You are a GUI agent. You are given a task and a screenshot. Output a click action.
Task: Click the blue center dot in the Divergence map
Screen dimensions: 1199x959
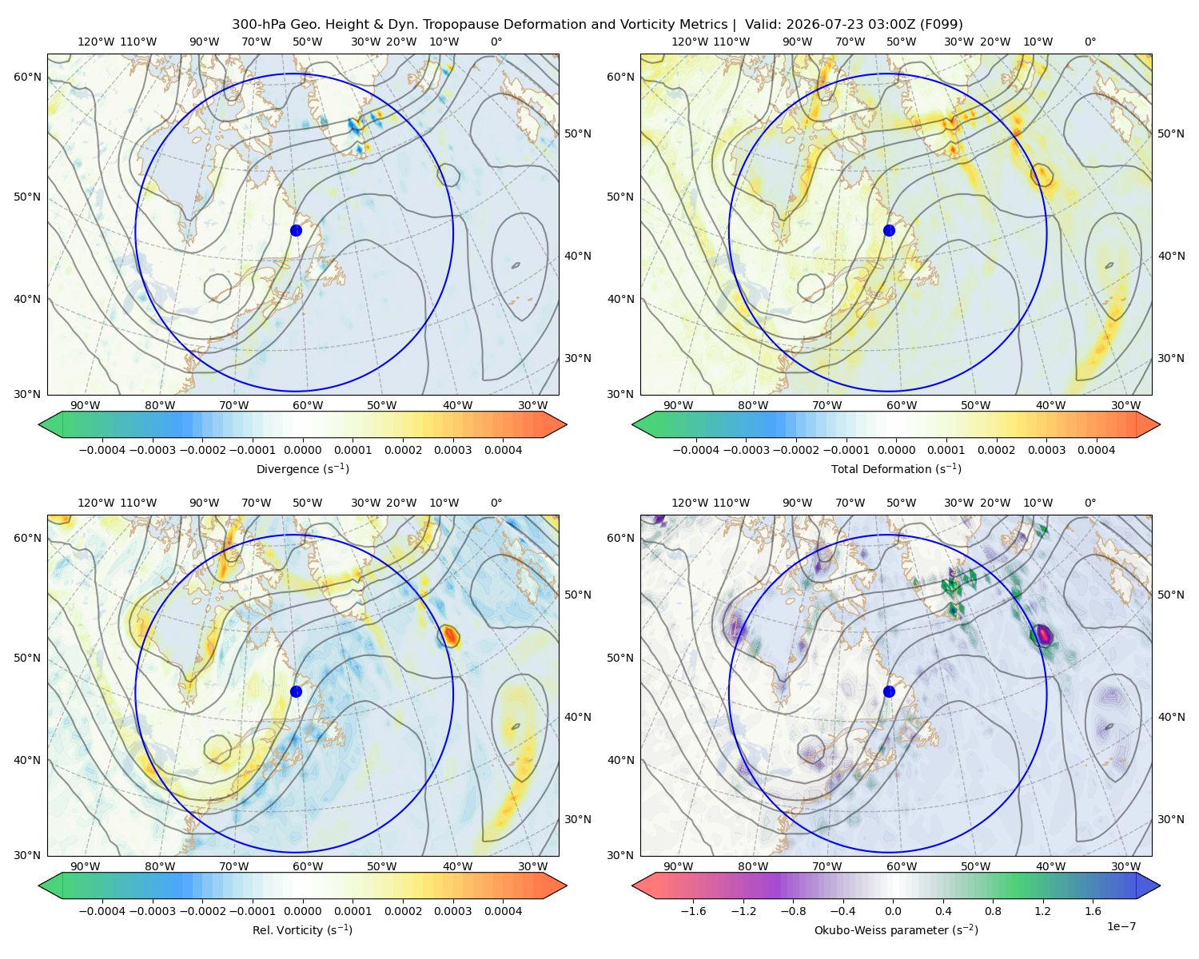[x=296, y=230]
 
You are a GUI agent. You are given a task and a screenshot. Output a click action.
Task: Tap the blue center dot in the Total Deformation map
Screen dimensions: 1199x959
[x=889, y=230]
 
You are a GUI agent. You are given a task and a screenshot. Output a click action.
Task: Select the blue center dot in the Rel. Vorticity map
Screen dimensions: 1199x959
[x=296, y=691]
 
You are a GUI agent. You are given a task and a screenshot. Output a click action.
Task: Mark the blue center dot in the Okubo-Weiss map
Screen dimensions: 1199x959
[x=889, y=691]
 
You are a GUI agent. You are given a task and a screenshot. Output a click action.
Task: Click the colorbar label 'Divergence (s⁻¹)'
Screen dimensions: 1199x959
[x=302, y=468]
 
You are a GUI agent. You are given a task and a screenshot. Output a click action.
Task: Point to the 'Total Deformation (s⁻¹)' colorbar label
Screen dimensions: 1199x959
[x=896, y=468]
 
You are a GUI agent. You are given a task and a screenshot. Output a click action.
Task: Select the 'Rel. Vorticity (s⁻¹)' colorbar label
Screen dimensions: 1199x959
[x=302, y=929]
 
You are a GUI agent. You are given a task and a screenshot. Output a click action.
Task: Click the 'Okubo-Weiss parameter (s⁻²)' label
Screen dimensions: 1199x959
[x=896, y=929]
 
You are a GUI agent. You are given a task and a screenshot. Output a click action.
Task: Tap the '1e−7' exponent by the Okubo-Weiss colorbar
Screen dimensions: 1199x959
[x=1121, y=926]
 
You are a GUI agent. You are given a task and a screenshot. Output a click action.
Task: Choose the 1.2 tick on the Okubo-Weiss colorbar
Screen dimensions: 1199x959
[x=1042, y=910]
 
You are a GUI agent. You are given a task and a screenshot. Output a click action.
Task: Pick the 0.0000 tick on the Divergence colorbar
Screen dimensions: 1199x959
[x=302, y=450]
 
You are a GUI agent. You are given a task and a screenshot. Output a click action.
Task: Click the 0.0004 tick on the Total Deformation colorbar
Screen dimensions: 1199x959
[x=1096, y=450]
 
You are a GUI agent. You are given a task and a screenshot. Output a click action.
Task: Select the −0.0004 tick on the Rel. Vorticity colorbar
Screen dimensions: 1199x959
[x=102, y=910]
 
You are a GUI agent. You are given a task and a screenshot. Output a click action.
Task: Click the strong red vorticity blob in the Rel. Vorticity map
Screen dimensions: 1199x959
[x=449, y=635]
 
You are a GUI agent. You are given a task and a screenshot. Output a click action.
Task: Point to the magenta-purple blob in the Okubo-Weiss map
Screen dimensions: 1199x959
[x=1042, y=635]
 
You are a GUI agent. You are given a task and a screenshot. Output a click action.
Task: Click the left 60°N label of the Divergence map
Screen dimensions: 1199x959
[x=27, y=77]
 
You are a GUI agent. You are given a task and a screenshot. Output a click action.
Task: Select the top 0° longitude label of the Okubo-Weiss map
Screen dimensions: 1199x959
[x=1089, y=503]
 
